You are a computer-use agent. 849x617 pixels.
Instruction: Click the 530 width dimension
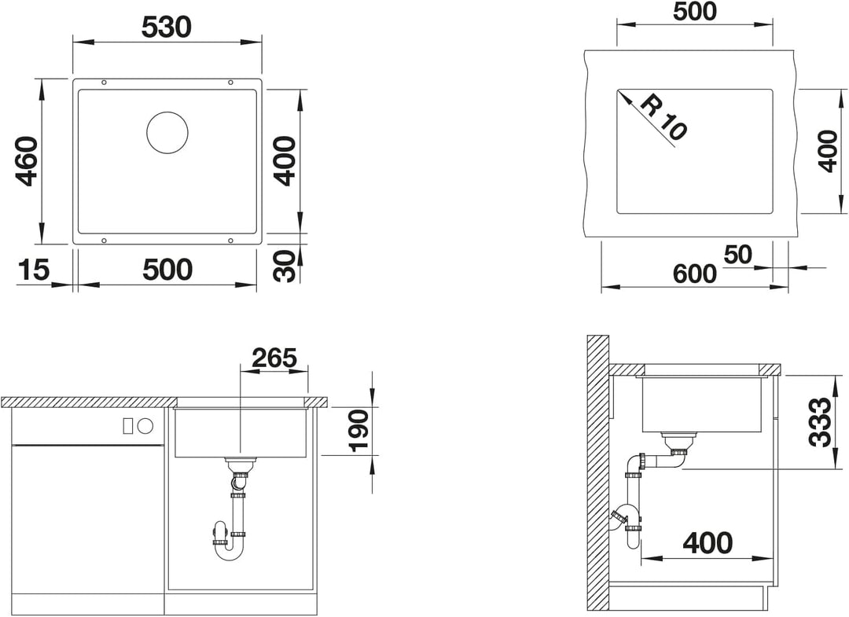pos(167,27)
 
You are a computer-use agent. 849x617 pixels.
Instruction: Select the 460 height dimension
pos(26,161)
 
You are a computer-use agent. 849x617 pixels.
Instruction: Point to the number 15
pos(34,270)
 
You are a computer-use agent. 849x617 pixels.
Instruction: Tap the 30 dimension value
pos(285,266)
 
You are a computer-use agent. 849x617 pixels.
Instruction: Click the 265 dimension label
pos(274,358)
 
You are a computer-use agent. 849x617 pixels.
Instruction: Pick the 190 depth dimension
pos(358,430)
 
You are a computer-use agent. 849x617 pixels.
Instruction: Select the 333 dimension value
pos(819,422)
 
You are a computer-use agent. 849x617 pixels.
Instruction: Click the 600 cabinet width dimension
pos(695,274)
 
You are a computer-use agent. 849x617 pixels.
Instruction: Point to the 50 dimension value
pos(737,255)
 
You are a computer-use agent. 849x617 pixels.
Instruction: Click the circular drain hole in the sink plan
pos(168,133)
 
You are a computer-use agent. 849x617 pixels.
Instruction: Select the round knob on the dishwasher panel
pos(145,425)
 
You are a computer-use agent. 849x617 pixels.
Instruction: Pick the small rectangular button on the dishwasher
pos(128,425)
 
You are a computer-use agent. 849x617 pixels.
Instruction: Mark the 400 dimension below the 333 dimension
pos(707,543)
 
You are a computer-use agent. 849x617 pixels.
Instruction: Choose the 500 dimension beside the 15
pos(167,270)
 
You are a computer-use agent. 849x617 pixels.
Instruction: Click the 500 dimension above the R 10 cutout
pos(695,11)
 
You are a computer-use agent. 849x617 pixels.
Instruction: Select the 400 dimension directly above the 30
pos(285,161)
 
